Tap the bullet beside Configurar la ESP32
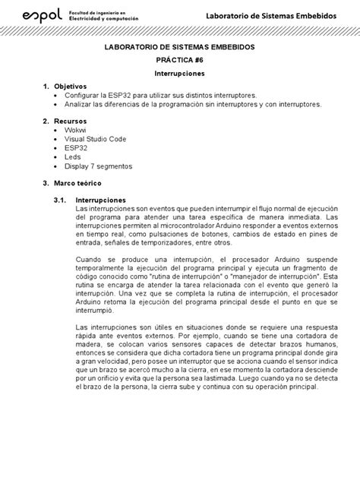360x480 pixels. [x=59, y=96]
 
